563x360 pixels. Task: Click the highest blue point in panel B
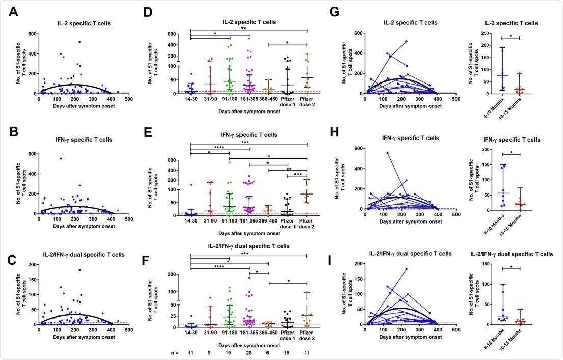(61, 159)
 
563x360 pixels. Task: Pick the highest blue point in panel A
(79, 42)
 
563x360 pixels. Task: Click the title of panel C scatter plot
(85, 253)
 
